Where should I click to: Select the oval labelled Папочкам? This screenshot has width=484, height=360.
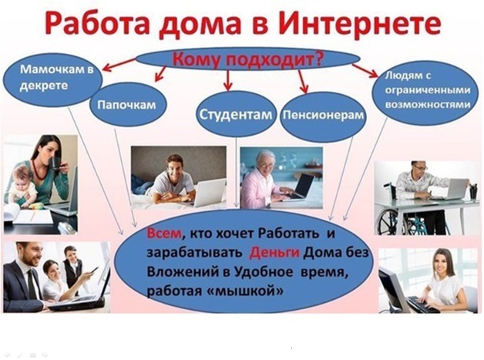[127, 104]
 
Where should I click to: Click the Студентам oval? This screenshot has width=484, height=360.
[236, 114]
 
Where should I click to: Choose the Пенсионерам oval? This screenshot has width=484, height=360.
[323, 116]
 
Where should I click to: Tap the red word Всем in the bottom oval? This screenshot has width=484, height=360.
[164, 234]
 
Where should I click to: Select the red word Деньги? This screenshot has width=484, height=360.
[274, 253]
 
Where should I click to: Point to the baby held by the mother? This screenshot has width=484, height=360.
[22, 187]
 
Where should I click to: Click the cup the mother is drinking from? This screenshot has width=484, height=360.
[55, 163]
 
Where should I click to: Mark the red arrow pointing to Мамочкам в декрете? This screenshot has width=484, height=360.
[119, 64]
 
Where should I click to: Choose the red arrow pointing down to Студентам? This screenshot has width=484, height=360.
[228, 80]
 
